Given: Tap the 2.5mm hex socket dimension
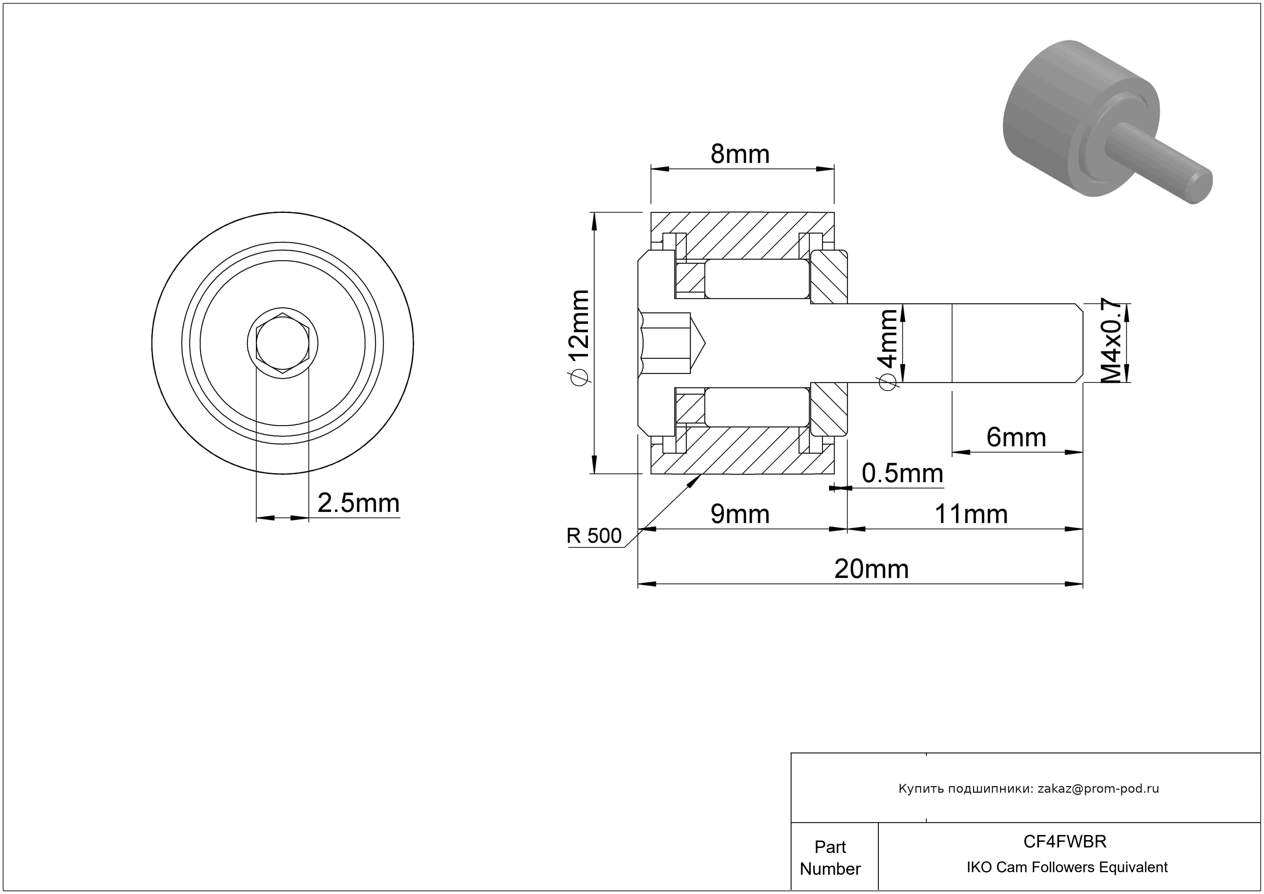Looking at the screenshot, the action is [359, 503].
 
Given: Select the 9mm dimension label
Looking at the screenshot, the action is [740, 514].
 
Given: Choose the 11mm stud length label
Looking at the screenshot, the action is [971, 514].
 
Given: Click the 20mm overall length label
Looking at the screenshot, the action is [871, 570].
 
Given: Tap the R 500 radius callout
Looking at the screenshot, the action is [594, 536].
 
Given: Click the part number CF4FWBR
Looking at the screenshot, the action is [1065, 842].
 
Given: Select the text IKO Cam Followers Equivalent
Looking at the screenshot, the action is [1067, 867].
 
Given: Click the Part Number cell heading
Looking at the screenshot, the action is [830, 858].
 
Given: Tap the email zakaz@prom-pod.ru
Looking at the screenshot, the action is [1098, 789].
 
